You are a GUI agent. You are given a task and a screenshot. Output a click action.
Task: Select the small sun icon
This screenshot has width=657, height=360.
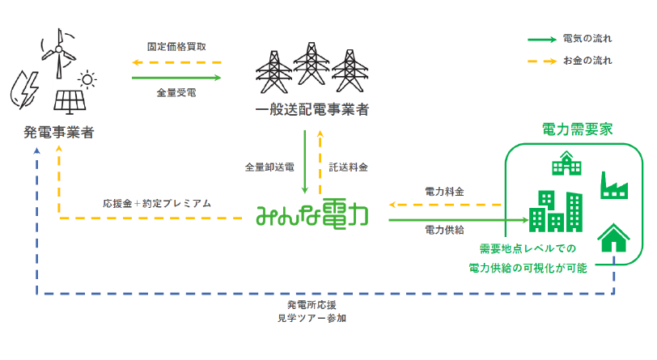coord(86,78)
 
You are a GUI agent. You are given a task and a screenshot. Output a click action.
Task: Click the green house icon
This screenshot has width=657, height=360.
coord(613,239)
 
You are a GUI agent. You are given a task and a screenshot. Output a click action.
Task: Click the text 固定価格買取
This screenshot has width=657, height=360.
coord(176,47)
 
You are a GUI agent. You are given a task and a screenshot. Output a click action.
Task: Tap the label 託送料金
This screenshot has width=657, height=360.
coord(349,167)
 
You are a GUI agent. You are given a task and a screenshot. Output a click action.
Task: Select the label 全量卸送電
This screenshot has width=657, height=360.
coord(269,167)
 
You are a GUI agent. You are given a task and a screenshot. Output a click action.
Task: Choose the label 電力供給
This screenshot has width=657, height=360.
coord(444,230)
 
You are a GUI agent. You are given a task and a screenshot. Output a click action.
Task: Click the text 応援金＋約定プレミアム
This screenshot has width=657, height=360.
coord(157,203)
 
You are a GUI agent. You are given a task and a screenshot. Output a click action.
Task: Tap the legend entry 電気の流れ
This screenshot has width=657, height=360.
coord(587,39)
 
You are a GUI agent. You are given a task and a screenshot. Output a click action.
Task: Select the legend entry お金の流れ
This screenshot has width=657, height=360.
coord(587,61)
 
